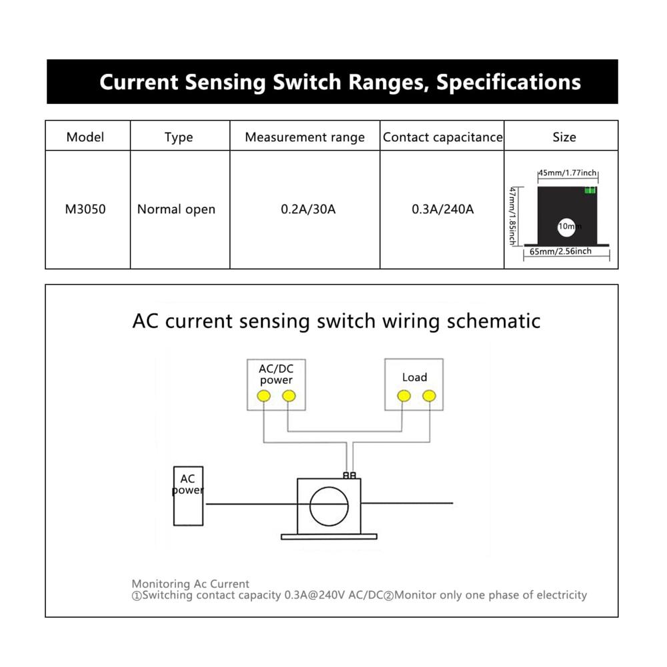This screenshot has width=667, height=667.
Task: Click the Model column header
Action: click(85, 137)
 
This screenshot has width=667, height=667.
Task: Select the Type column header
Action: click(179, 137)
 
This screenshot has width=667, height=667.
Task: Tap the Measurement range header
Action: click(305, 137)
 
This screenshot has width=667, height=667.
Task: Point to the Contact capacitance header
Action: click(442, 137)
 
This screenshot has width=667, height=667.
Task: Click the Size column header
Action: click(564, 137)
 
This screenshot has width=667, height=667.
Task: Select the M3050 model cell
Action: click(85, 209)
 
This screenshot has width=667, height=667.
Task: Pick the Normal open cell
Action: click(176, 209)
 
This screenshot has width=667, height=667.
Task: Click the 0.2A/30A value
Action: click(308, 209)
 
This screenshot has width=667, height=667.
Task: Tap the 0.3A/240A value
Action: click(442, 209)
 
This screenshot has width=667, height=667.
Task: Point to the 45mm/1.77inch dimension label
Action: click(568, 173)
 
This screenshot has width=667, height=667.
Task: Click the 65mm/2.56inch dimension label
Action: click(560, 251)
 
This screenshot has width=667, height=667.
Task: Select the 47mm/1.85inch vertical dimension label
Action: click(513, 216)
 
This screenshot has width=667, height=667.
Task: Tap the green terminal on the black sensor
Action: click(590, 189)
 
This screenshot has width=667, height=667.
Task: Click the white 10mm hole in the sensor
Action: click(566, 227)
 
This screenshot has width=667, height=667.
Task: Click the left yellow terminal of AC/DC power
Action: click(263, 396)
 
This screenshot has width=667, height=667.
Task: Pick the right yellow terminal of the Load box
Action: click(429, 396)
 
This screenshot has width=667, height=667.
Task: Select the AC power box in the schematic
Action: click(188, 496)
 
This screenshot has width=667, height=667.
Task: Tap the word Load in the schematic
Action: click(414, 378)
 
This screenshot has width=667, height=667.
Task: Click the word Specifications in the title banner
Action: click(508, 82)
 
